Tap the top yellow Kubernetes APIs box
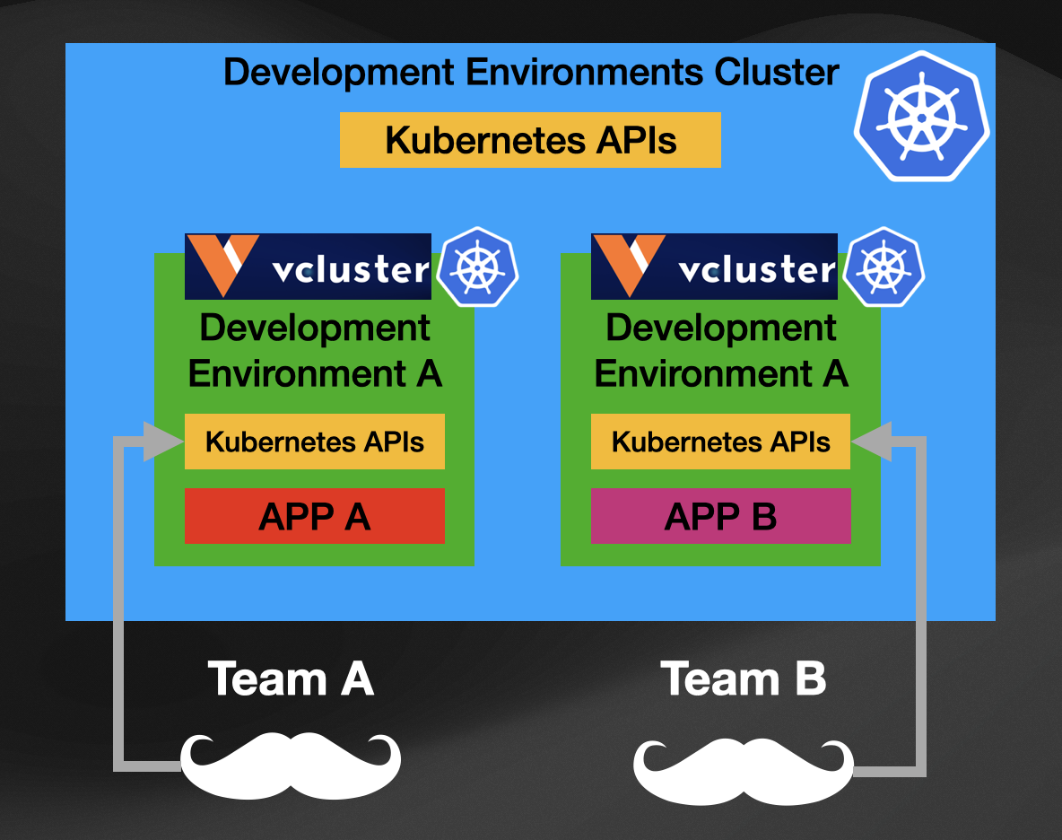[530, 140]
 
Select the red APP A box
[314, 516]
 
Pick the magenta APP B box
[720, 516]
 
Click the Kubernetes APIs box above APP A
[314, 442]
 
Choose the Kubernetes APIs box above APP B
[720, 442]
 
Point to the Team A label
[290, 678]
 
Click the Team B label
[743, 678]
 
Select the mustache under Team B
[744, 770]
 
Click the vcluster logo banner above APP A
[308, 267]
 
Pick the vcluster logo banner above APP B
[714, 267]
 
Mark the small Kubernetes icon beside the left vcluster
[476, 267]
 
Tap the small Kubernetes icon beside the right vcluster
[883, 267]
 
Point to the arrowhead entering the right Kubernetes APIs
[870, 442]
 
